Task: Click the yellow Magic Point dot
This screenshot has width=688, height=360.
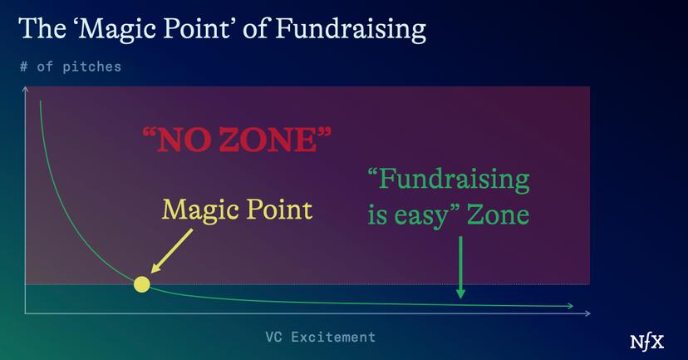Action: [141, 284]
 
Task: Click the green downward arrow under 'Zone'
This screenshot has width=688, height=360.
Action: [460, 266]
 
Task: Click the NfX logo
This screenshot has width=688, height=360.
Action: [647, 341]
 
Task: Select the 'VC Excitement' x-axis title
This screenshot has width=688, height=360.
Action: [320, 337]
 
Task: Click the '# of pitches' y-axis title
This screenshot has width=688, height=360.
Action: [70, 67]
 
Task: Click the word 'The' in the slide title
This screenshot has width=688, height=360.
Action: [38, 29]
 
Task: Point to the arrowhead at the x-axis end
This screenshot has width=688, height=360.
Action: [587, 313]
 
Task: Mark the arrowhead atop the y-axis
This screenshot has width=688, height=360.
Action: [25, 89]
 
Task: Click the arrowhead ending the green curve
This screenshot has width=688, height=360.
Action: [570, 307]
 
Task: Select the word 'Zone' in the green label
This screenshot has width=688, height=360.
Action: [498, 215]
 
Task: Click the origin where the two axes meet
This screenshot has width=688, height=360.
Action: [25, 313]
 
